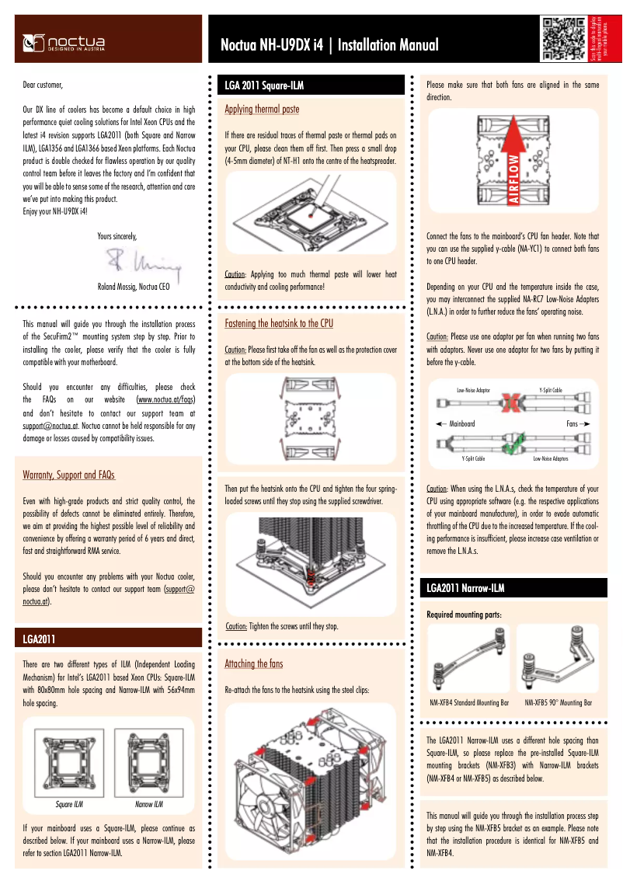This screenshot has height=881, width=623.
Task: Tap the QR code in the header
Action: tap(563, 38)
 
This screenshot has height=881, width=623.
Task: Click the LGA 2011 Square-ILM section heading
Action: tap(264, 84)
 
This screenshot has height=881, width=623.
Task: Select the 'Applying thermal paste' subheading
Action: tap(262, 109)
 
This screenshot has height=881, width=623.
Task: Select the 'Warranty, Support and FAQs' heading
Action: tap(69, 475)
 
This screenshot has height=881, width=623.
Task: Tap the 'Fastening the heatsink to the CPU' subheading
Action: tap(279, 322)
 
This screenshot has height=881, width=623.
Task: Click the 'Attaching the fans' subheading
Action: tap(254, 663)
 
